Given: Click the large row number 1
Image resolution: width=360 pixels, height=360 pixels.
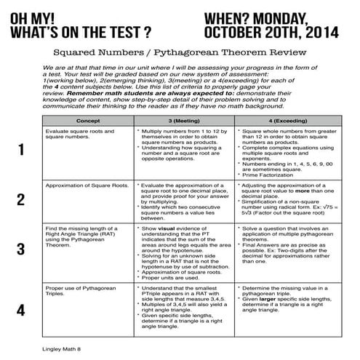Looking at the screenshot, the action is click(x=21, y=151).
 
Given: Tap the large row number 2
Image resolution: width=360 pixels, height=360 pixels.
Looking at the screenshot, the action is click(x=21, y=200).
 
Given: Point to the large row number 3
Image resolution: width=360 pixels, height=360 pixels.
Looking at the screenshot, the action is click(x=21, y=249).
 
